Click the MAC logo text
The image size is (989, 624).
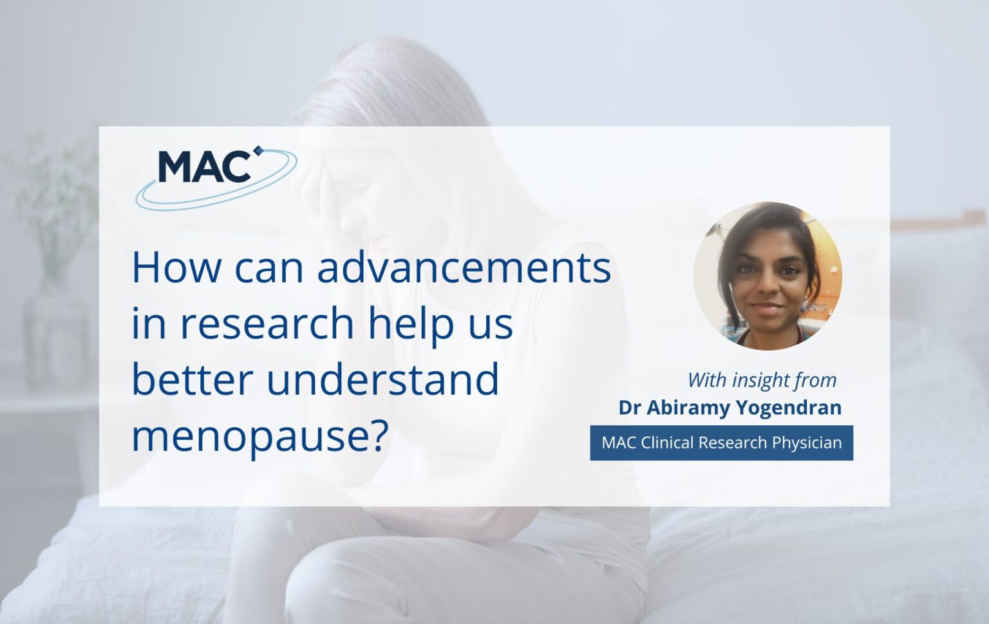tap(203, 167)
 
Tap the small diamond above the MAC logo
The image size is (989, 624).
tap(259, 151)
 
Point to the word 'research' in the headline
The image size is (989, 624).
tap(267, 323)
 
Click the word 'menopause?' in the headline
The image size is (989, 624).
tap(260, 436)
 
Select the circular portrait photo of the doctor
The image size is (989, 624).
tap(768, 276)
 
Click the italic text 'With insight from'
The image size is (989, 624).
tap(762, 380)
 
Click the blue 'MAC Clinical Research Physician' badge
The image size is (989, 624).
tap(721, 443)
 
